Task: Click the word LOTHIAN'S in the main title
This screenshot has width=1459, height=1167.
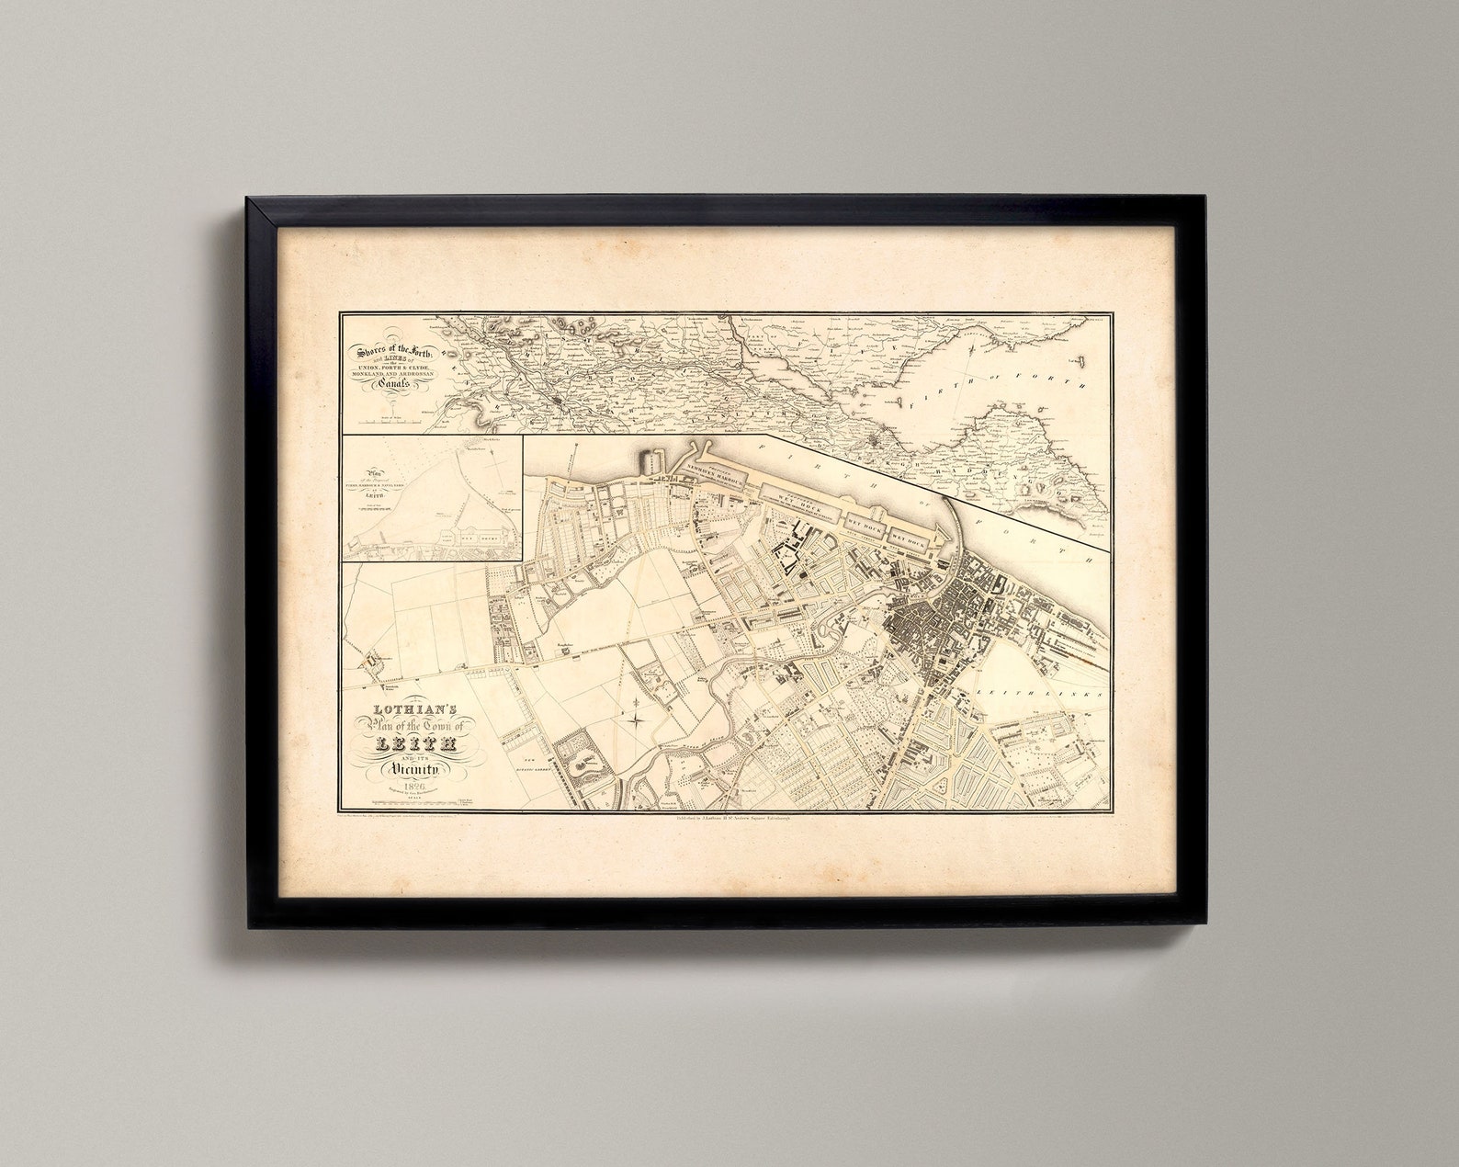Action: (x=406, y=709)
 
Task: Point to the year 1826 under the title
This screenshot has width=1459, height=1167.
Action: (x=408, y=781)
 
